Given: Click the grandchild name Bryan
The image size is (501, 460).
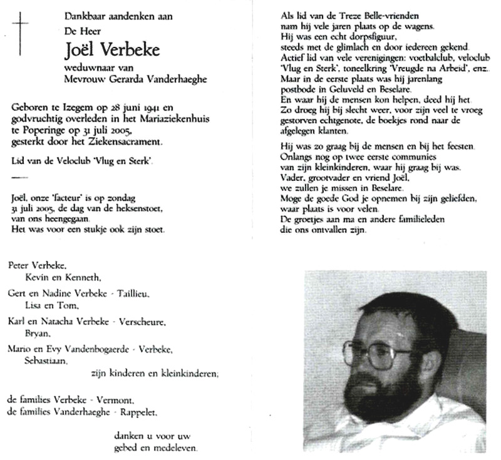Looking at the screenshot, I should point(35,334).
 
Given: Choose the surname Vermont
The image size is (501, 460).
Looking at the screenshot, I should point(116,400).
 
